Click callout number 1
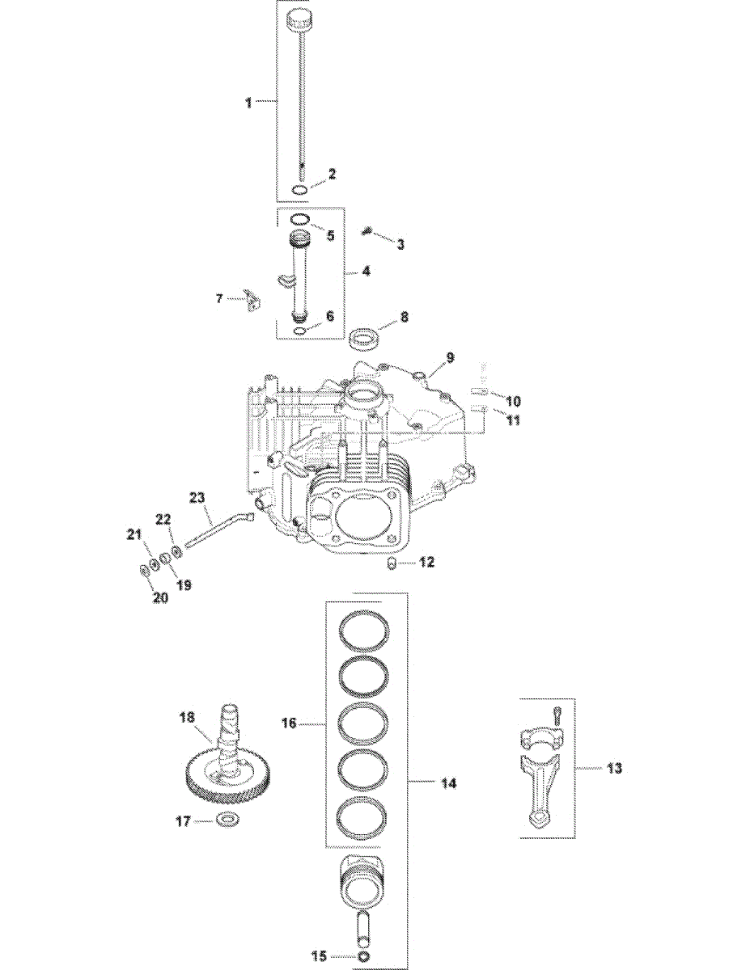[249, 103]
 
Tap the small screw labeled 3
[367, 233]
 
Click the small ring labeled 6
[299, 331]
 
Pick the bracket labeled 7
[253, 299]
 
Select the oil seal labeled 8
[365, 337]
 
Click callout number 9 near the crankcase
[450, 356]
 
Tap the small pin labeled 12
[392, 563]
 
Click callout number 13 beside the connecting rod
[615, 767]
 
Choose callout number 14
[448, 782]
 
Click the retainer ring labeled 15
[366, 956]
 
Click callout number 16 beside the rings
[289, 723]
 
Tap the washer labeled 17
[227, 821]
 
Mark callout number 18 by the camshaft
[187, 716]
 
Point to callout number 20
[160, 597]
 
